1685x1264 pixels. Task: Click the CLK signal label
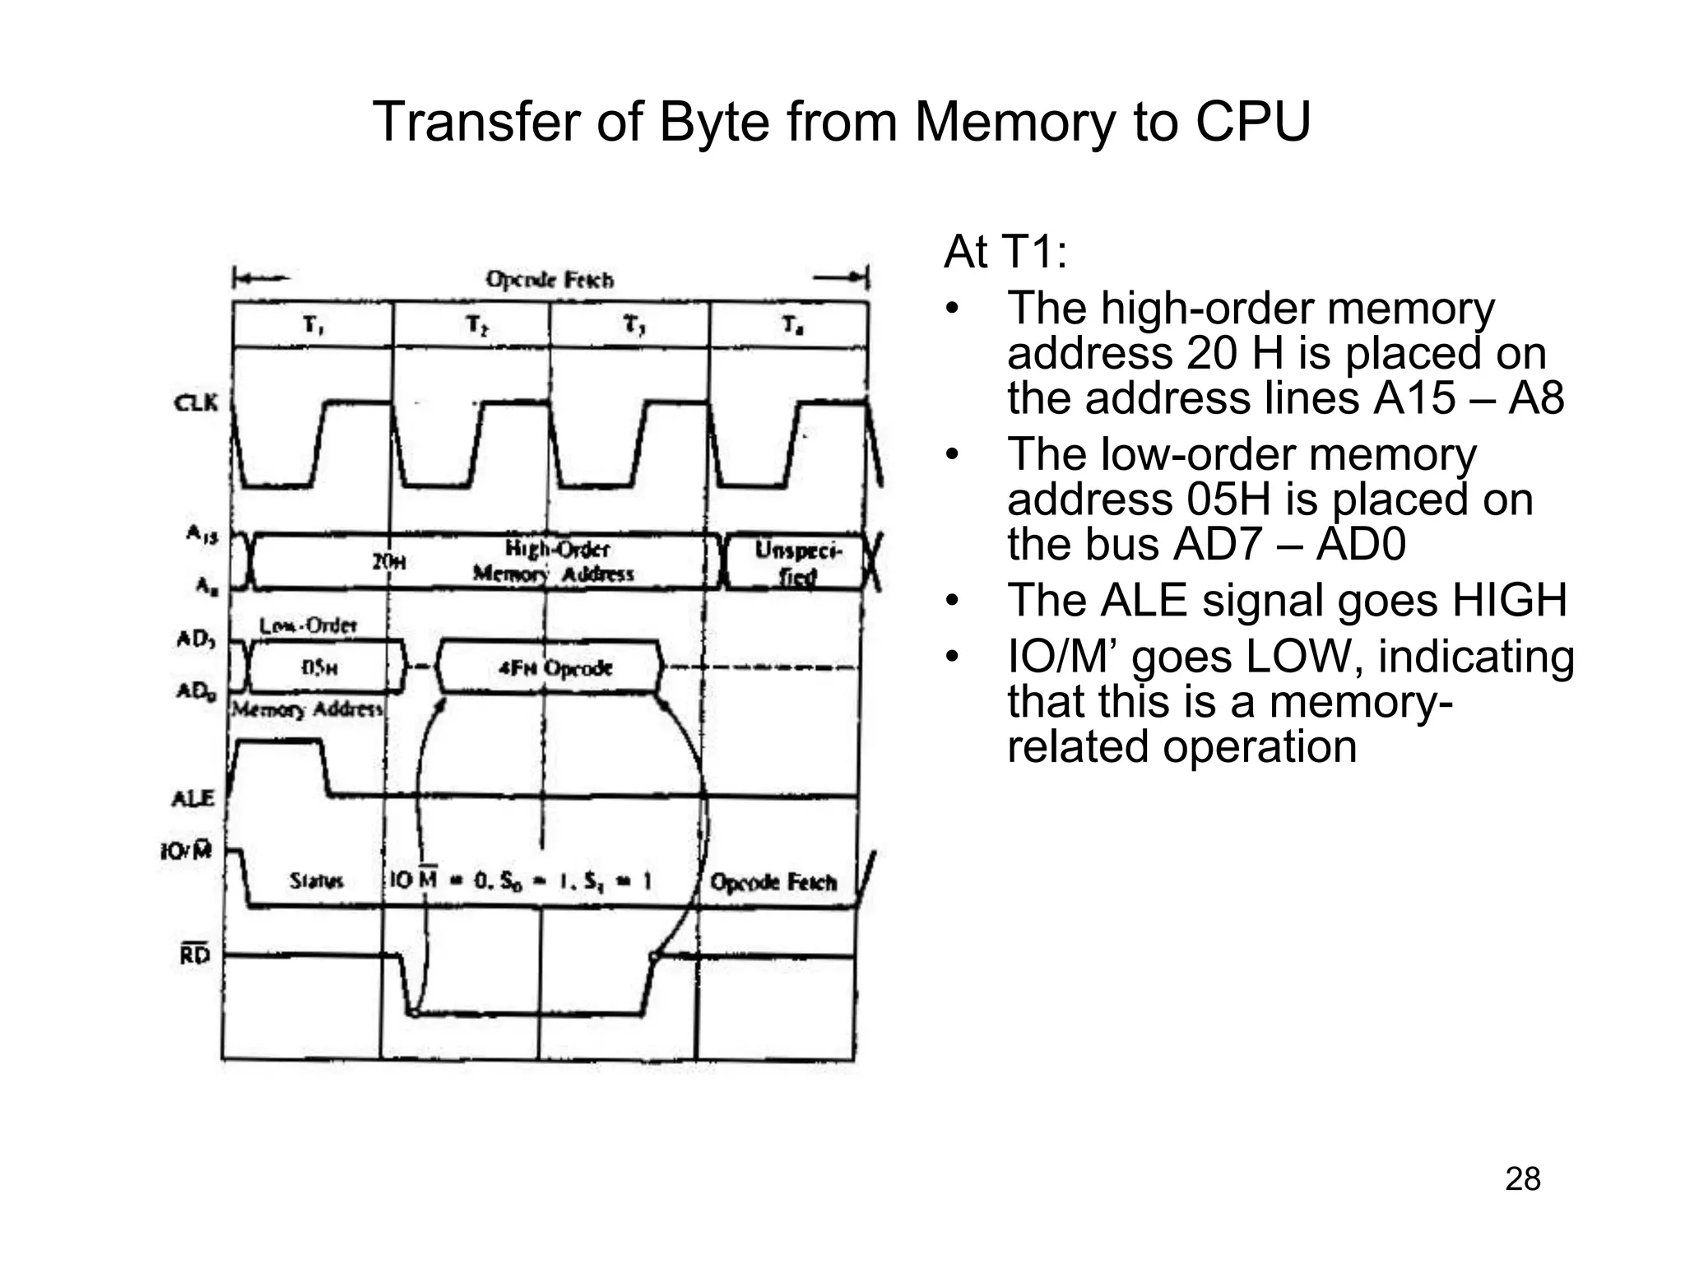point(196,403)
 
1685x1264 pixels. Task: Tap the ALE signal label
point(193,798)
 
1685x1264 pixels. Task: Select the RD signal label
point(195,955)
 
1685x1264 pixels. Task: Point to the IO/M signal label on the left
point(187,851)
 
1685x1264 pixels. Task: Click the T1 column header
point(313,326)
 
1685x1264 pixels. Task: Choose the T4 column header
point(792,326)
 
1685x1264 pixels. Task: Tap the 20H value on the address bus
point(388,562)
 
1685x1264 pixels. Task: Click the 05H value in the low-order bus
point(319,667)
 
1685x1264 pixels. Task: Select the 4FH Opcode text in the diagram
point(555,667)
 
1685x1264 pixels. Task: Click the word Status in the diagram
point(316,881)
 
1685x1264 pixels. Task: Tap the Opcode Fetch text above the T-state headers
point(550,280)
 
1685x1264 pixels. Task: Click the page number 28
point(1522,1179)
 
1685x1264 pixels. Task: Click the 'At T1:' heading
point(1005,252)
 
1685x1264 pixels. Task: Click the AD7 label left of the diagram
point(196,639)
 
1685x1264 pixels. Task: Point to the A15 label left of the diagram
point(202,535)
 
